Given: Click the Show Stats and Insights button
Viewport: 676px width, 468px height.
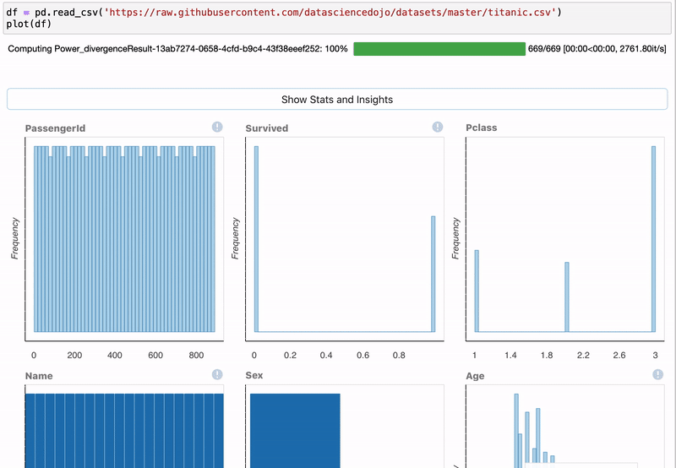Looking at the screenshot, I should tap(337, 99).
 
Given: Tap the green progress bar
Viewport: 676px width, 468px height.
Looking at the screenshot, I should tap(439, 49).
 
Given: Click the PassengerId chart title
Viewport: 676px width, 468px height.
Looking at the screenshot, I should tap(55, 128).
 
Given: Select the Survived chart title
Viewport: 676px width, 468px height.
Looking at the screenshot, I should tap(266, 128).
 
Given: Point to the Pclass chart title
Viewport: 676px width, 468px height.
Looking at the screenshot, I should tap(481, 128).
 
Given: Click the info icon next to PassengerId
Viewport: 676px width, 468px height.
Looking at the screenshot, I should tap(217, 127).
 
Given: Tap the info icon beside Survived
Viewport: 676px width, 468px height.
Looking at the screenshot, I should tap(438, 127).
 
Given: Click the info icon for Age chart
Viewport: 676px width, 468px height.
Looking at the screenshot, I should tap(657, 374).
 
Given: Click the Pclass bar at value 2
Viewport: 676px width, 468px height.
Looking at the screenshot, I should tap(566, 297).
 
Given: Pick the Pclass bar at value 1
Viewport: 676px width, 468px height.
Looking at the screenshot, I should tap(477, 291).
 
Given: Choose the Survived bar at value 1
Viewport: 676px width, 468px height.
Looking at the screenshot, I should tap(433, 274).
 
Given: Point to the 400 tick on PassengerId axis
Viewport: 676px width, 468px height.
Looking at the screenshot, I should tap(115, 356).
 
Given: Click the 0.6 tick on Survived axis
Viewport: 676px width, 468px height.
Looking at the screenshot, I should tap(363, 356).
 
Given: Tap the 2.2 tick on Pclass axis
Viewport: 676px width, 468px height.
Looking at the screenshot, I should tap(582, 356).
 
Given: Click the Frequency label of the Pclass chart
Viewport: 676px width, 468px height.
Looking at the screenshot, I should tap(456, 238).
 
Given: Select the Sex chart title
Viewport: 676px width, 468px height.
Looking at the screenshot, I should tap(254, 375).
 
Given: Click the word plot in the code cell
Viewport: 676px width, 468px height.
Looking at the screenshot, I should tap(17, 23).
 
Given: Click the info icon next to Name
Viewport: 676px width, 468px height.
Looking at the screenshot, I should tap(217, 374).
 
